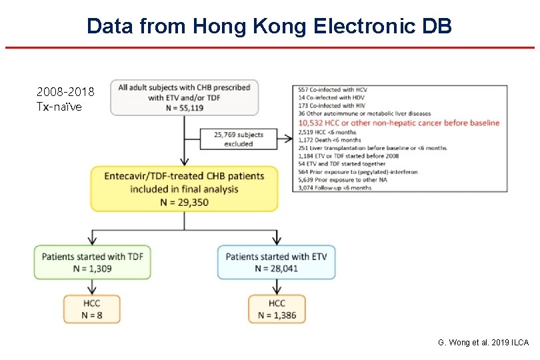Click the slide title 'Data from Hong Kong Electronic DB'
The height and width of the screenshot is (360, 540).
click(x=269, y=26)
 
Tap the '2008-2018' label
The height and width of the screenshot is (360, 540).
click(x=66, y=91)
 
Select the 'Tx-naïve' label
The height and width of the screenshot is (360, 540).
click(x=60, y=106)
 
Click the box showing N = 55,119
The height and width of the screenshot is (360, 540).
click(x=184, y=97)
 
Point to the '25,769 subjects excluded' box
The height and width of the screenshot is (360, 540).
click(x=239, y=139)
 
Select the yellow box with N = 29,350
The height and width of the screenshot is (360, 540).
click(x=184, y=189)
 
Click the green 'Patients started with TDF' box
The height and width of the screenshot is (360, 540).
click(x=93, y=262)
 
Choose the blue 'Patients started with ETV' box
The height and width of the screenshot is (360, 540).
click(x=276, y=262)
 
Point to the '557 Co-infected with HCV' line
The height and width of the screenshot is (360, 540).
click(x=333, y=90)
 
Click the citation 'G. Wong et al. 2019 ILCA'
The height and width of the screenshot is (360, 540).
click(x=483, y=342)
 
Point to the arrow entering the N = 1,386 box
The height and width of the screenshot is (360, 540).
click(x=276, y=287)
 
